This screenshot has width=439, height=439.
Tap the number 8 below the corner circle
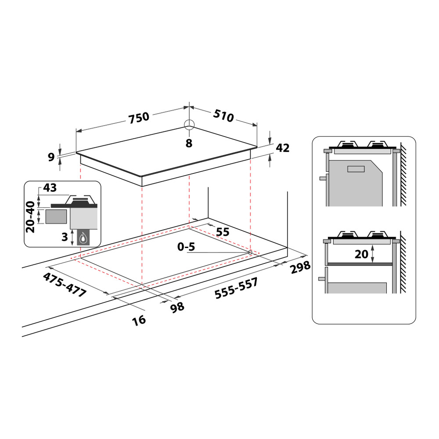click(189, 143)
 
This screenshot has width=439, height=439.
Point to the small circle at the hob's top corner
click(189, 125)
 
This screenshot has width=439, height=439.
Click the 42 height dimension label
click(282, 148)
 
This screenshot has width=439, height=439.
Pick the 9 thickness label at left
click(51, 156)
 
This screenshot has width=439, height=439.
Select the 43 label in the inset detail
click(50, 188)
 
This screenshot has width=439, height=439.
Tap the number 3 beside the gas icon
click(65, 237)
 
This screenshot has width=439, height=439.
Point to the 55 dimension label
click(223, 232)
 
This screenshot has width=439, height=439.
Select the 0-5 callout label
click(186, 247)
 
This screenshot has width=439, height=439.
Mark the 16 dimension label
click(139, 320)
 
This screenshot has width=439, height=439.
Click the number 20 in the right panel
click(361, 254)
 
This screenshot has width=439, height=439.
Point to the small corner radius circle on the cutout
click(250, 252)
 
